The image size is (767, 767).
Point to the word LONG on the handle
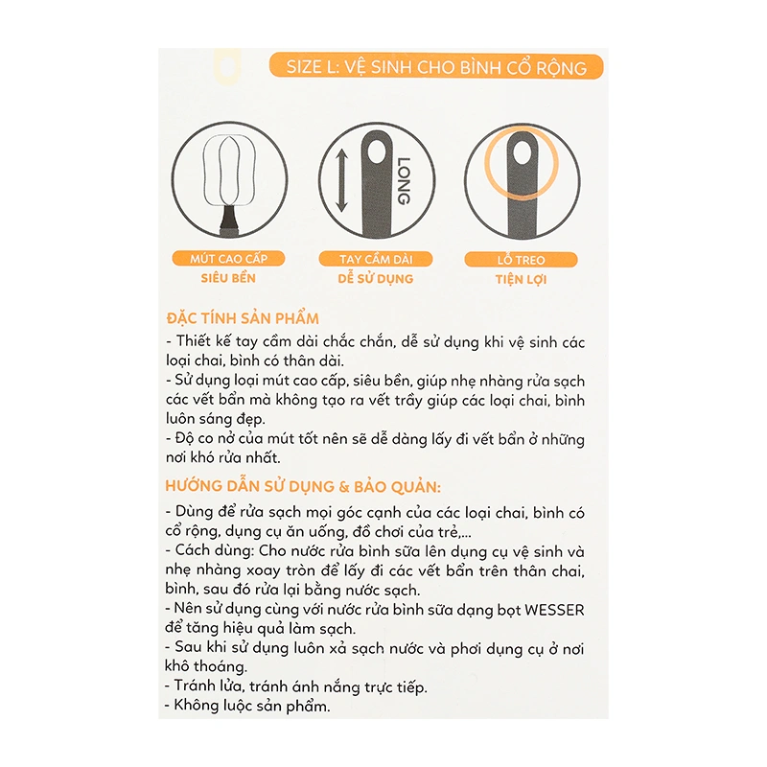click(x=403, y=180)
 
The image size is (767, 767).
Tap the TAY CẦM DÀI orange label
click(x=376, y=260)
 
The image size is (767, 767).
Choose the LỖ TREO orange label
click(x=522, y=260)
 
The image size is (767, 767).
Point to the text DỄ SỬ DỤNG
click(x=376, y=279)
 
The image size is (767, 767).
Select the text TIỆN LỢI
click(x=522, y=279)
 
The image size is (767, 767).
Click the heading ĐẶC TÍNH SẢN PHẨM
click(x=243, y=318)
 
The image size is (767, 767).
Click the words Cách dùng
click(x=211, y=551)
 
